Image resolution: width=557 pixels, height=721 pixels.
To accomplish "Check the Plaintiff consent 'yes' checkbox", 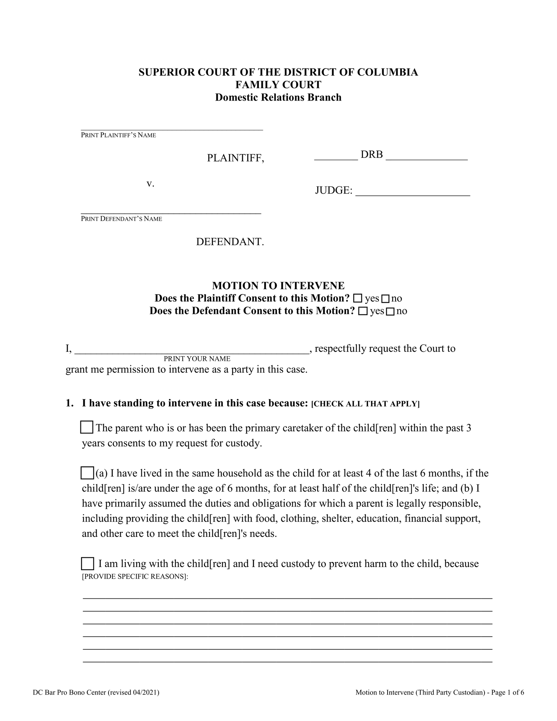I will [357, 298].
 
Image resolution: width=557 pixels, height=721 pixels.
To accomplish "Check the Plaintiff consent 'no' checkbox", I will [385, 299].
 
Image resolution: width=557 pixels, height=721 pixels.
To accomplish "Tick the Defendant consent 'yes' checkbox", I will [363, 311].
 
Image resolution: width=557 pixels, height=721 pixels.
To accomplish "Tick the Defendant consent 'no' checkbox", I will [390, 311].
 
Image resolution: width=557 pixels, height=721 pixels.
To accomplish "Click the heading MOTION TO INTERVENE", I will [278, 286].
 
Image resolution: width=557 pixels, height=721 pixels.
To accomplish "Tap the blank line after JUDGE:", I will [412, 193].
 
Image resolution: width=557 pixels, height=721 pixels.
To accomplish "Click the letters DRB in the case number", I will [371, 155].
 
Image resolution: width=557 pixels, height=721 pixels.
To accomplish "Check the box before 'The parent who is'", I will [87, 427].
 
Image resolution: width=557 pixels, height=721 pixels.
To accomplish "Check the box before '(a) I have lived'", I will [87, 473].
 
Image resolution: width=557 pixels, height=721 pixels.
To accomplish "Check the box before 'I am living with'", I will [87, 563].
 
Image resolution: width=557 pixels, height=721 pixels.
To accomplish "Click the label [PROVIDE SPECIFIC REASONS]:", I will [135, 576].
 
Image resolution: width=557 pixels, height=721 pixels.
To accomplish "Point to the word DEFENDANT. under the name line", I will [230, 242].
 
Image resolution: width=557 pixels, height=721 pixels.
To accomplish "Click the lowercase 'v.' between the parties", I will [150, 183].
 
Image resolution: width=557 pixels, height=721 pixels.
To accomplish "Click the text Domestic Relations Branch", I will [278, 97].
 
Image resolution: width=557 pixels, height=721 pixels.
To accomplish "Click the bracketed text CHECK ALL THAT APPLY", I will [365, 404].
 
